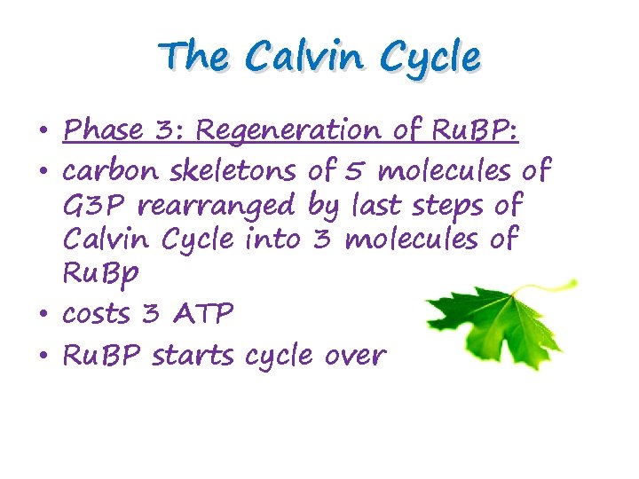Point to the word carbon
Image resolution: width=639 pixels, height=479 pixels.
pyautogui.click(x=106, y=169)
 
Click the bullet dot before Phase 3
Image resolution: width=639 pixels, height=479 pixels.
pyautogui.click(x=44, y=133)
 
